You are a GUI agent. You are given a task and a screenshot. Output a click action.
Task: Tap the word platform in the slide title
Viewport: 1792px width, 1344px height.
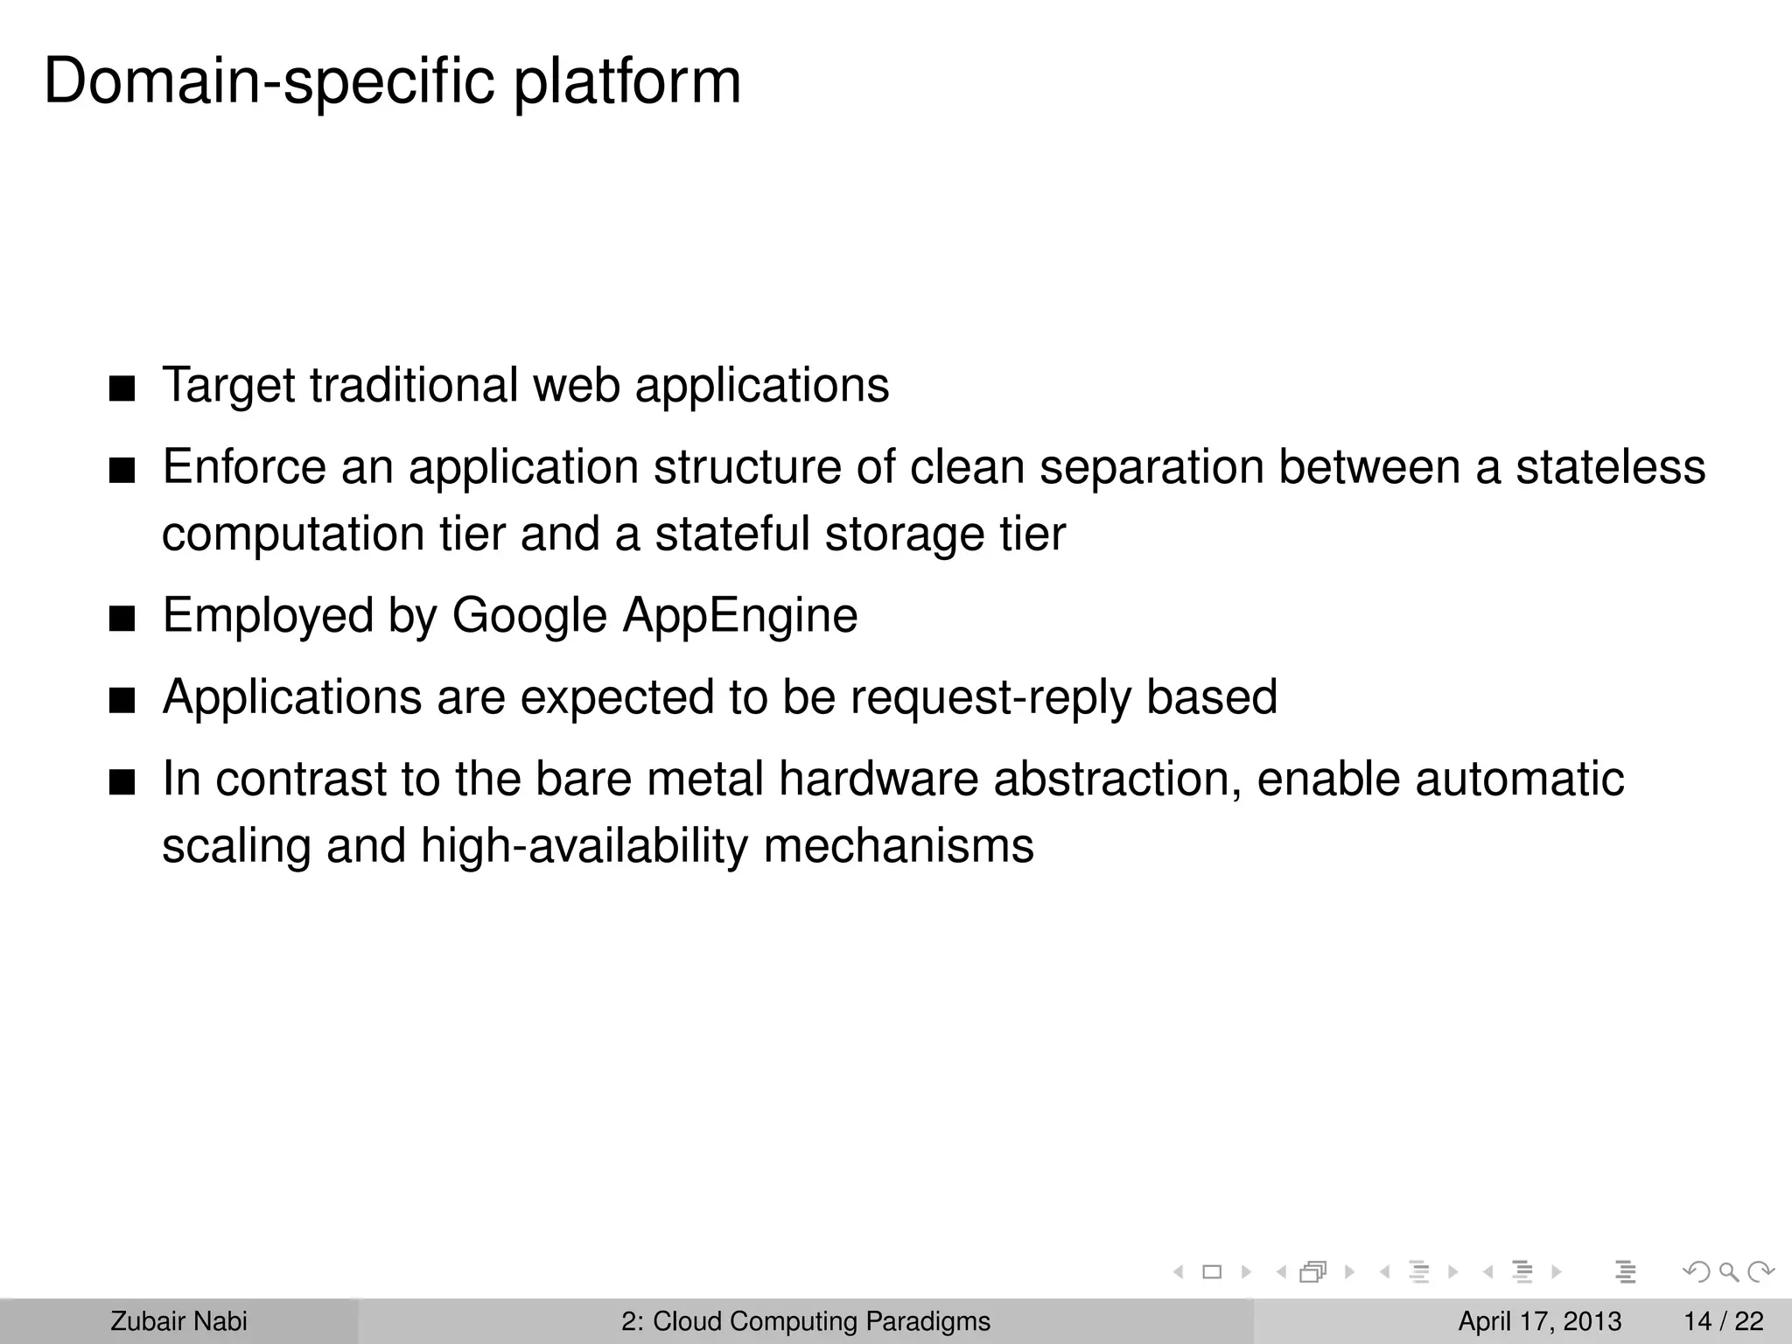point(626,82)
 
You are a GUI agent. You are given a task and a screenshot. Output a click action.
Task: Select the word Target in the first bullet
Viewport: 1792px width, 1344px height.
point(229,385)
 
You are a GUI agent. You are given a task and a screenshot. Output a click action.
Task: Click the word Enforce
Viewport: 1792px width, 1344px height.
point(244,466)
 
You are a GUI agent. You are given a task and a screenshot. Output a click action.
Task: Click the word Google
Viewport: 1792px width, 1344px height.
point(529,615)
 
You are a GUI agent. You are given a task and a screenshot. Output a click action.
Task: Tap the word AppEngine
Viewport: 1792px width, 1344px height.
point(740,615)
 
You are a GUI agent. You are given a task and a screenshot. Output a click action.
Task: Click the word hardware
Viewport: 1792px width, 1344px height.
point(878,779)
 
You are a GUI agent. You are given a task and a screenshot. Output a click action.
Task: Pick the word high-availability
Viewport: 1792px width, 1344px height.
point(584,846)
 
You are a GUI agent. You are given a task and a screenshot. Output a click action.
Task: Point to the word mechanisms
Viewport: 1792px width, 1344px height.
point(899,846)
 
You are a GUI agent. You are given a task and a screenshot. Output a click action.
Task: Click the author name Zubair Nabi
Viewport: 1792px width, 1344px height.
point(178,1321)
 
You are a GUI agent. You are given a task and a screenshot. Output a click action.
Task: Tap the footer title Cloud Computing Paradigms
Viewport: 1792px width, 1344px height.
point(821,1321)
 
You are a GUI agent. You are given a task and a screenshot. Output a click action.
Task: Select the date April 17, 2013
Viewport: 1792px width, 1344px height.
point(1539,1321)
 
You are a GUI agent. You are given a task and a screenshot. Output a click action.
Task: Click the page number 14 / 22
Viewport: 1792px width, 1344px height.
point(1723,1321)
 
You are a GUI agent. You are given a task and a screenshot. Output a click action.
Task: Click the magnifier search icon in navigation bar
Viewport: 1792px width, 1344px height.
point(1729,1272)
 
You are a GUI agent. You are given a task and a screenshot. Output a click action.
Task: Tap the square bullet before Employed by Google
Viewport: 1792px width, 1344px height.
point(122,619)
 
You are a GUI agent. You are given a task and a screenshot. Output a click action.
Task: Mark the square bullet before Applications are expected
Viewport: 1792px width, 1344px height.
point(122,701)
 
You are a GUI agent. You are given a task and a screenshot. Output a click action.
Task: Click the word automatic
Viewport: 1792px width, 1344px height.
point(1519,779)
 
